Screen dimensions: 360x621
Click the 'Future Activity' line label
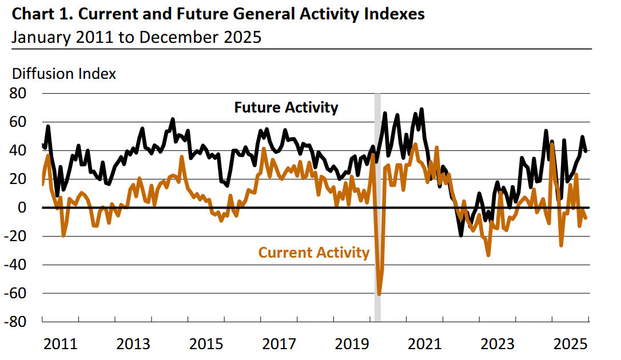coord(286,107)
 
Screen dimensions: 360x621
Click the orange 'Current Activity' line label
coord(314,252)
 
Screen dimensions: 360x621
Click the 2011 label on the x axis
coord(61,344)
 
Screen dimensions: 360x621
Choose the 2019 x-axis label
coord(351,344)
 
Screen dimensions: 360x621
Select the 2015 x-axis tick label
coord(206,344)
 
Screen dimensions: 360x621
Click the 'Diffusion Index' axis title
coord(64,74)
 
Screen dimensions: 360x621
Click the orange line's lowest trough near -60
coord(379,294)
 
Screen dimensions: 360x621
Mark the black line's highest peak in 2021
coord(421,109)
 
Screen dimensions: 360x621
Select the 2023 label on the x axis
coord(497,344)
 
